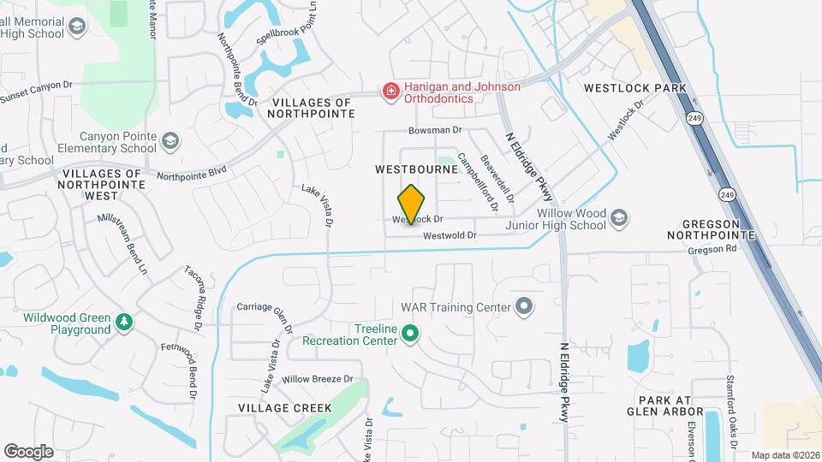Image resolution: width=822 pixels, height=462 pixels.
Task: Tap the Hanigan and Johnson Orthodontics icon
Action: point(390,92)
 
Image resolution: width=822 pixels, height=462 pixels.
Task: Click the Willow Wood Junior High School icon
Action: point(619,219)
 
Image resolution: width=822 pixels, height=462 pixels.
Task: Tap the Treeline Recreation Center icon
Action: point(410,334)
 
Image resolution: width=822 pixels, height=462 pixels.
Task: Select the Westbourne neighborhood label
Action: point(416,169)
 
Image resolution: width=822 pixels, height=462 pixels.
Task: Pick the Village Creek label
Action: point(284,407)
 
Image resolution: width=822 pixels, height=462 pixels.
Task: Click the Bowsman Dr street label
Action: point(435,131)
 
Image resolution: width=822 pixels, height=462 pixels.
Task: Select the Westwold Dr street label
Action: point(450,235)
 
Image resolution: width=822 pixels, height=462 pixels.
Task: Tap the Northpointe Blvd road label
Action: point(192,173)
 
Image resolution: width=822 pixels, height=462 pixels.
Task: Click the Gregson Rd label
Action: point(712,250)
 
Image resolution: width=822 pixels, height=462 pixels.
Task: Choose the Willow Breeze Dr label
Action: point(318,379)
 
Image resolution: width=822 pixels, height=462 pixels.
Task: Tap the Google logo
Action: point(29,451)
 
